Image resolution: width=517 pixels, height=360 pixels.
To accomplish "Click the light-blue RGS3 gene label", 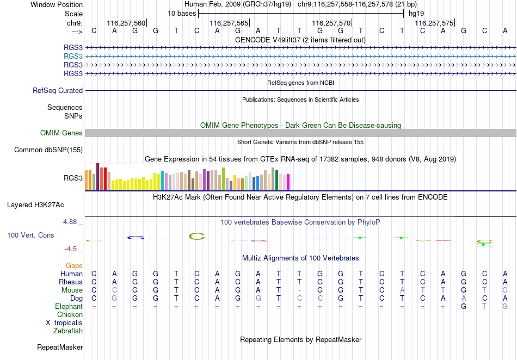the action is click(x=73, y=57).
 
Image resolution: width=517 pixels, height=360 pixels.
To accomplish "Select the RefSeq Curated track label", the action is click(x=58, y=91).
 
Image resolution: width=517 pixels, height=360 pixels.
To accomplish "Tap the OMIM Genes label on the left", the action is click(x=61, y=133).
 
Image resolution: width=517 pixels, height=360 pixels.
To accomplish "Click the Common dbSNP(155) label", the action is click(x=48, y=150).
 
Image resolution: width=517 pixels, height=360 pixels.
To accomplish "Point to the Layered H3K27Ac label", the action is click(x=35, y=205).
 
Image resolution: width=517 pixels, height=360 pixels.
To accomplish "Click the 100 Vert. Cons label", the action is click(x=30, y=235).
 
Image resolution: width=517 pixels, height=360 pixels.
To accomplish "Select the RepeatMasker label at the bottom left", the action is click(x=60, y=347).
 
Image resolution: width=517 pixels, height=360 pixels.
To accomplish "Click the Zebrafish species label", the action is click(x=68, y=331).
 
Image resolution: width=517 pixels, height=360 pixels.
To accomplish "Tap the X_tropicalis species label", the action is click(x=64, y=323).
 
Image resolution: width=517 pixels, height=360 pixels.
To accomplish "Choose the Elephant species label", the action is click(x=69, y=306).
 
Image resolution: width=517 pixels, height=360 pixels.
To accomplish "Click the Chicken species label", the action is click(x=70, y=314).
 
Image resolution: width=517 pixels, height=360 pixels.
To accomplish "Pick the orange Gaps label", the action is click(x=74, y=265).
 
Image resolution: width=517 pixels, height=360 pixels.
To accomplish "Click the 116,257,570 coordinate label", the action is click(x=331, y=23).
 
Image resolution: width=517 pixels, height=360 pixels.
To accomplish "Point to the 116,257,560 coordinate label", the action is click(x=126, y=23).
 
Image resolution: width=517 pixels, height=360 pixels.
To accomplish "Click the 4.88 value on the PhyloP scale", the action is click(x=70, y=222).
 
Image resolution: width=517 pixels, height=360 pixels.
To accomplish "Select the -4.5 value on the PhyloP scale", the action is click(x=71, y=249).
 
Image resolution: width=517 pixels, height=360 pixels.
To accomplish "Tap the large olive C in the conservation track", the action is click(x=197, y=236).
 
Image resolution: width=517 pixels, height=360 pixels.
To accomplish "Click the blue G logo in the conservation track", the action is click(x=136, y=238).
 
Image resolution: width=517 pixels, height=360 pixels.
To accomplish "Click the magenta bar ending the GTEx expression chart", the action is click(x=288, y=182).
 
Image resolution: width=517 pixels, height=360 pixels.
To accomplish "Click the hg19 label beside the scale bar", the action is click(x=416, y=14).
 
